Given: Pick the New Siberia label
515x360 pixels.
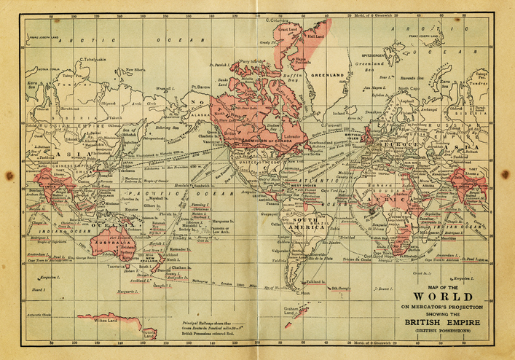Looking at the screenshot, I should click(x=136, y=69).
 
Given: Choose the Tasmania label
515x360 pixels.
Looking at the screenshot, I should click(x=117, y=267).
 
